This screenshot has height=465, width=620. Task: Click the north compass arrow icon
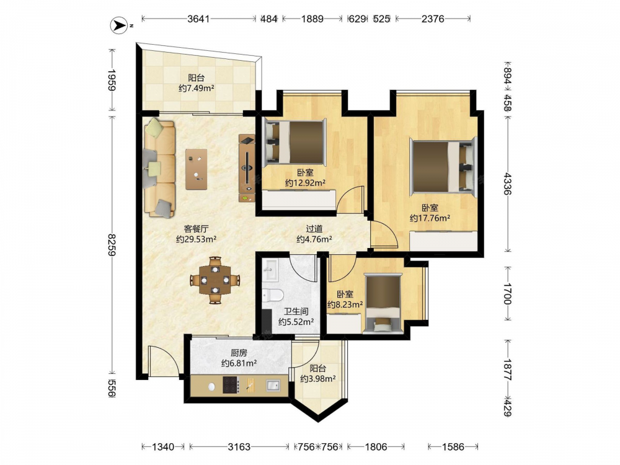coord(117,25)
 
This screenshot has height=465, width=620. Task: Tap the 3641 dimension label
coord(198,19)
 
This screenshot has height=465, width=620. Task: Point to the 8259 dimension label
coord(112,245)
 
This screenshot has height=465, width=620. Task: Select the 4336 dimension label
coord(507,184)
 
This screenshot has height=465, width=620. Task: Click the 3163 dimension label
coord(239,447)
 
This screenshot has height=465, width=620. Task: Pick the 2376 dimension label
coord(433,19)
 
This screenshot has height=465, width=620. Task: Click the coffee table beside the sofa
coord(197,169)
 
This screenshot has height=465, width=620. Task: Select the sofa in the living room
coord(160,169)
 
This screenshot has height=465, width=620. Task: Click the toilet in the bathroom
coord(272,295)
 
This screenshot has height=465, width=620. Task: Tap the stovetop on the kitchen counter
coord(231,384)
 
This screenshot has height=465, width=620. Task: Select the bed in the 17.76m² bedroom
coord(443,166)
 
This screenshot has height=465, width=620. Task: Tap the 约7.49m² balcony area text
coord(196,88)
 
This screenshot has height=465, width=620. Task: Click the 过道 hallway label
coord(314,229)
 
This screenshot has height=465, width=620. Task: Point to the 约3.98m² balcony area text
coord(318,379)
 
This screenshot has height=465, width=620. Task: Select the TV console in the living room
coord(247,168)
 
